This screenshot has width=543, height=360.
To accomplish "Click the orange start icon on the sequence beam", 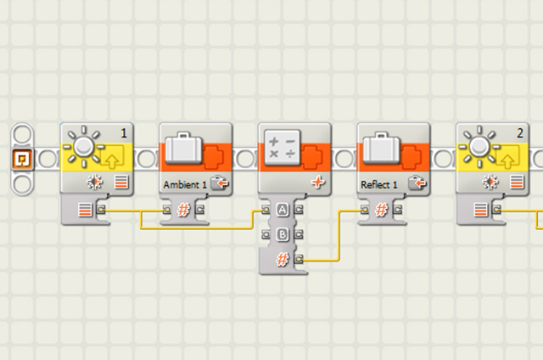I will click(x=22, y=158).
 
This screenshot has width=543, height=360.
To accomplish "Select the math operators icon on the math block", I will click(x=282, y=146).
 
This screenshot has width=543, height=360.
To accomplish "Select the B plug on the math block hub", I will click(x=282, y=233).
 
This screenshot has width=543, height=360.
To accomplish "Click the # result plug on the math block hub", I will click(x=282, y=257).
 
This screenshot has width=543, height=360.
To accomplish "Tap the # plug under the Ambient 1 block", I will click(x=182, y=209).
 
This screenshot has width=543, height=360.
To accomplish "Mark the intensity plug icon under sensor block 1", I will click(x=85, y=209).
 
